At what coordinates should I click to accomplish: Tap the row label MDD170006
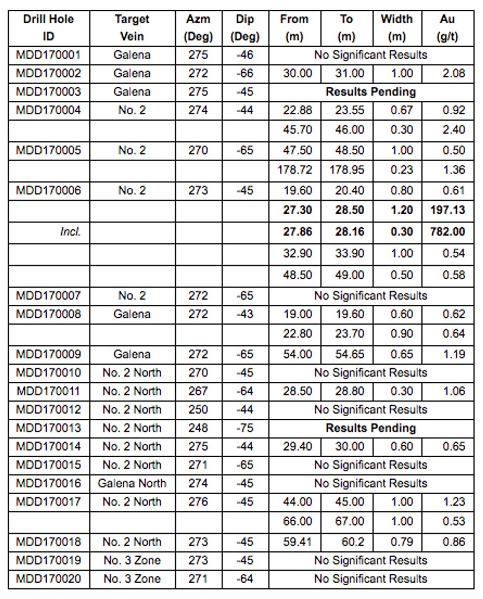tap(48, 190)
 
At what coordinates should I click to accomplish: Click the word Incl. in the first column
tap(70, 232)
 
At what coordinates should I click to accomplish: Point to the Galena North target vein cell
tap(132, 483)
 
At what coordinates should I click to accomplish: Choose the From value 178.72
tap(295, 170)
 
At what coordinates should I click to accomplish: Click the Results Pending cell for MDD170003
tap(371, 92)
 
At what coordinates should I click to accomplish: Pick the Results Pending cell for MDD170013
tap(371, 428)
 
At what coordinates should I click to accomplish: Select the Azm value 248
tap(198, 428)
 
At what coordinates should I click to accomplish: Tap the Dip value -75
tap(244, 428)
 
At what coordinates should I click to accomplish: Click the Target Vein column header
tap(132, 28)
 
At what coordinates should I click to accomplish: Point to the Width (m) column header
tap(396, 28)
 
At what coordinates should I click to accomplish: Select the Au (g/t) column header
tap(448, 28)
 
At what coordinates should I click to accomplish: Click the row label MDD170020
tap(48, 579)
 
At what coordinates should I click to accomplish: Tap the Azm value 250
tap(198, 409)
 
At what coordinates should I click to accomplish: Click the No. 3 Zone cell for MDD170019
tap(132, 561)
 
